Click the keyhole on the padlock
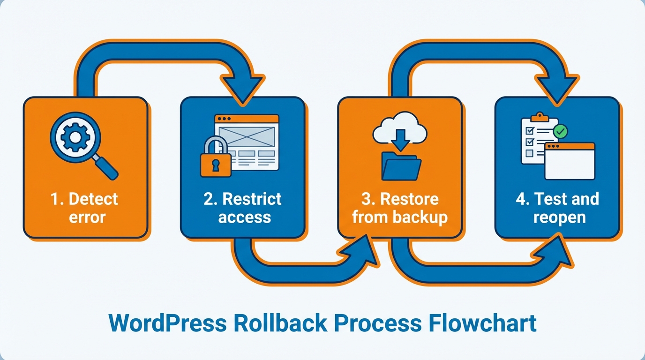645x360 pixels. (x=215, y=165)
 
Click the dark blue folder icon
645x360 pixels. (x=401, y=166)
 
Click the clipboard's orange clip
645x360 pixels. (x=540, y=116)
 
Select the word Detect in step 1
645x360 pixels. (x=93, y=199)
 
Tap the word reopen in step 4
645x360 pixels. (x=559, y=217)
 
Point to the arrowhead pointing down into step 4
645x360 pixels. (x=556, y=89)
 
